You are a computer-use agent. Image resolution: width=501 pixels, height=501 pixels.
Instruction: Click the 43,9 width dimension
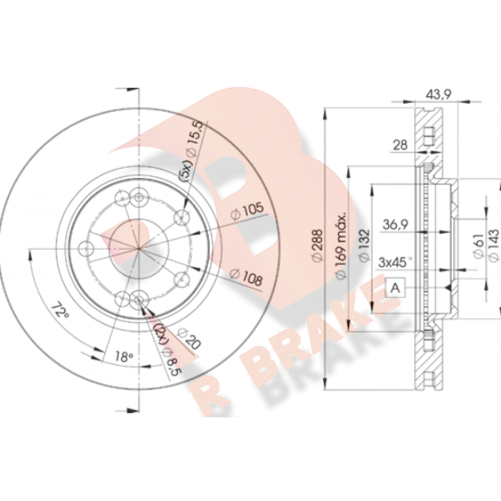tap(438, 94)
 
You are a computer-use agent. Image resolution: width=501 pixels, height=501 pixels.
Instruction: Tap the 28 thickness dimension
tap(400, 145)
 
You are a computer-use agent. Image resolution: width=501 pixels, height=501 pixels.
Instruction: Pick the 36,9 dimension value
tap(396, 224)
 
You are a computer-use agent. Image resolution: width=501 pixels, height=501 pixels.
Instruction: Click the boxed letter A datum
tap(396, 288)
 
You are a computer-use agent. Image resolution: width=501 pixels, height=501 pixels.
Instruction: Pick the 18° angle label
tap(124, 356)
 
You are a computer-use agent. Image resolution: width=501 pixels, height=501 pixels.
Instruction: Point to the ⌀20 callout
tap(189, 338)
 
